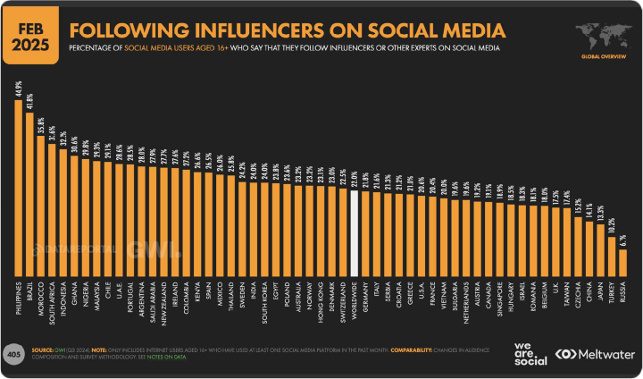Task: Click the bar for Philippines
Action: point(19,188)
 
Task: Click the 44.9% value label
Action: point(19,88)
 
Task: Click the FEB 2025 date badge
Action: point(29,32)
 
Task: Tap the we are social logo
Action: point(531,354)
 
